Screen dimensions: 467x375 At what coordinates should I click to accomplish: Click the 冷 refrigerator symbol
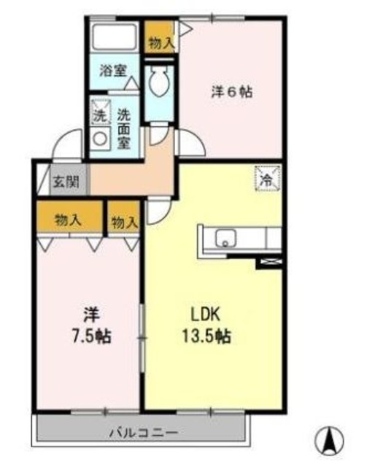click(x=266, y=177)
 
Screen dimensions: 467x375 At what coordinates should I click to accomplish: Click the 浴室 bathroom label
click(x=113, y=71)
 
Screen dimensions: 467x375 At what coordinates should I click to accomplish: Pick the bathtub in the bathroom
click(x=114, y=36)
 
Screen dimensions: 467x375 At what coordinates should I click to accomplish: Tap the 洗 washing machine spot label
click(x=98, y=115)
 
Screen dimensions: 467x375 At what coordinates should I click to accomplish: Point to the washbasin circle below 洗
click(x=98, y=137)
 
